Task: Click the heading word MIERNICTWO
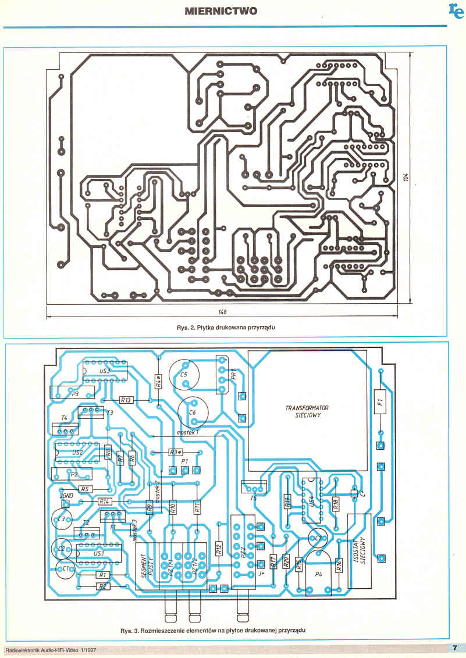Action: click(x=220, y=11)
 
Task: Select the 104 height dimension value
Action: click(x=407, y=179)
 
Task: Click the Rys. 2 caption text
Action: click(x=225, y=328)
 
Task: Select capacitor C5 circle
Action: click(x=184, y=375)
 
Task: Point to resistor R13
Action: click(x=126, y=400)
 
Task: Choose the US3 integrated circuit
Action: click(x=105, y=371)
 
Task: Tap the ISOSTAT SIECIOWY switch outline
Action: click(x=359, y=550)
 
